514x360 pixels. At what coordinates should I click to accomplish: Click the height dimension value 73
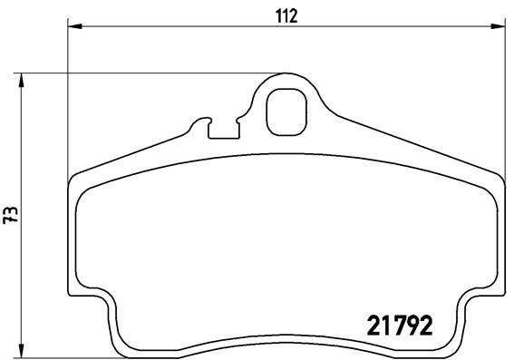pos(11,215)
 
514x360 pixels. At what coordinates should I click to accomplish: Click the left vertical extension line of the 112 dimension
pos(69,100)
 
